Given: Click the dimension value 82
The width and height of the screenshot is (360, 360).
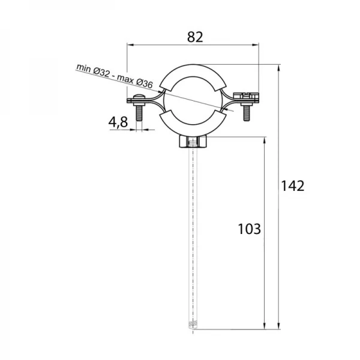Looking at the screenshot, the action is (x=195, y=37).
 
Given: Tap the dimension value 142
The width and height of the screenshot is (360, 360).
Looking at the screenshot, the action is (x=293, y=186).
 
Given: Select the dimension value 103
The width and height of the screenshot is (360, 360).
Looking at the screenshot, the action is (x=250, y=229).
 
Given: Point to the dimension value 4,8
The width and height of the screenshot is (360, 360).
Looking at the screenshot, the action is (x=118, y=122).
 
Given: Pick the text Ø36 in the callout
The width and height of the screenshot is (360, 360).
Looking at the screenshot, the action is (x=144, y=83).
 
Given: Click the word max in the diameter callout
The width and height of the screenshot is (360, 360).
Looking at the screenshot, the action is (x=125, y=79).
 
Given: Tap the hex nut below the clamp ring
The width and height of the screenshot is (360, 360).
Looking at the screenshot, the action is (x=193, y=142).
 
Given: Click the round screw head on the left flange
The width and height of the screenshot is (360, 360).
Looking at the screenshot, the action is (x=139, y=97).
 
